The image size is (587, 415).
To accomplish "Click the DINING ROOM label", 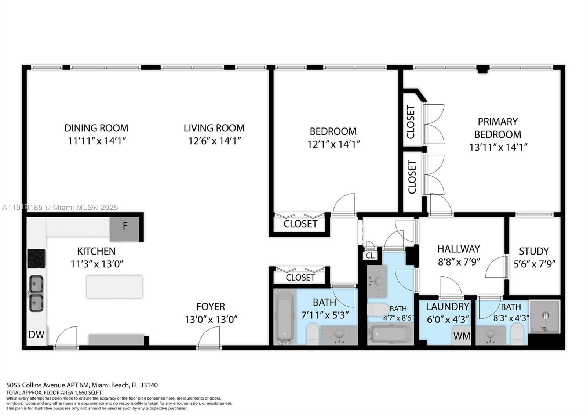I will [x=96, y=128].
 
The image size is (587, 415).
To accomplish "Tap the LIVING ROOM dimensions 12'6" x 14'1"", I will [x=214, y=141].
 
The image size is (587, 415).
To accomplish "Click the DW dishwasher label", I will [x=36, y=335].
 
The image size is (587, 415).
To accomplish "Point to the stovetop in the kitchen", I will [x=36, y=258].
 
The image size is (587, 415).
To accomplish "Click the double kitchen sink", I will [x=36, y=293].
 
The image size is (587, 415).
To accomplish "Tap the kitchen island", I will [x=114, y=287].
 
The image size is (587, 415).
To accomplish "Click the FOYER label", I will [x=210, y=307].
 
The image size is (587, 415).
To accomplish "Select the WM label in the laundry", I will [x=461, y=336].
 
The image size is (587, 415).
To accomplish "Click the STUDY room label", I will [x=533, y=251].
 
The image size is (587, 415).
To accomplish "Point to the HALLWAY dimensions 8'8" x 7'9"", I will [x=459, y=262].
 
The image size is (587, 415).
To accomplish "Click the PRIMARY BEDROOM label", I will [x=497, y=128].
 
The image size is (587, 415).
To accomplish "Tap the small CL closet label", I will [x=370, y=256].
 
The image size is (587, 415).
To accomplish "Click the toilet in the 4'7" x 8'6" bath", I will [x=377, y=309].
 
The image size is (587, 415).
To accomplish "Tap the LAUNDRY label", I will [x=447, y=307].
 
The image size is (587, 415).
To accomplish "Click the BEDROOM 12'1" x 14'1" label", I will [x=333, y=131].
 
